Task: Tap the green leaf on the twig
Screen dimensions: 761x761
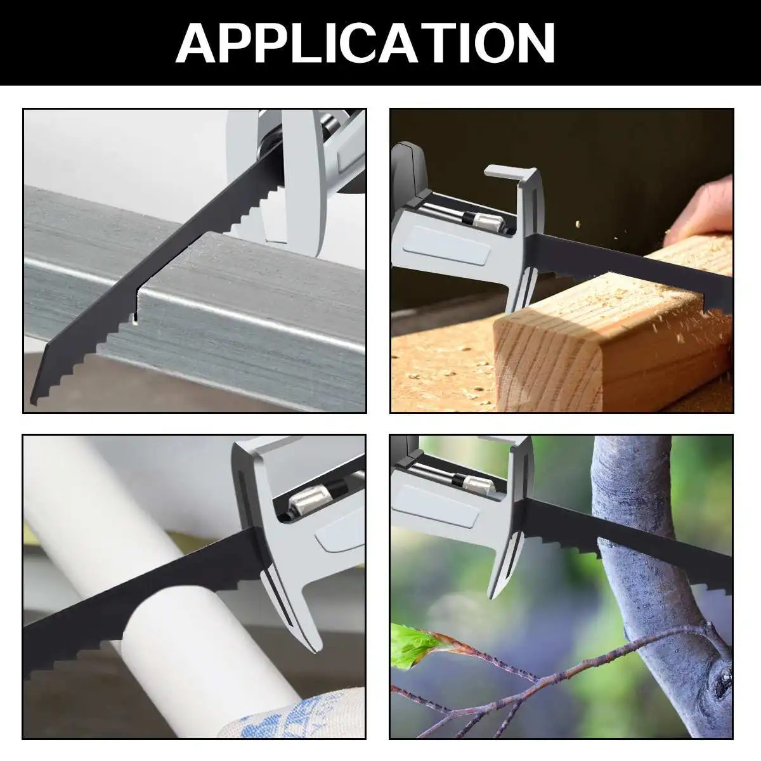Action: pyautogui.click(x=412, y=644)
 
